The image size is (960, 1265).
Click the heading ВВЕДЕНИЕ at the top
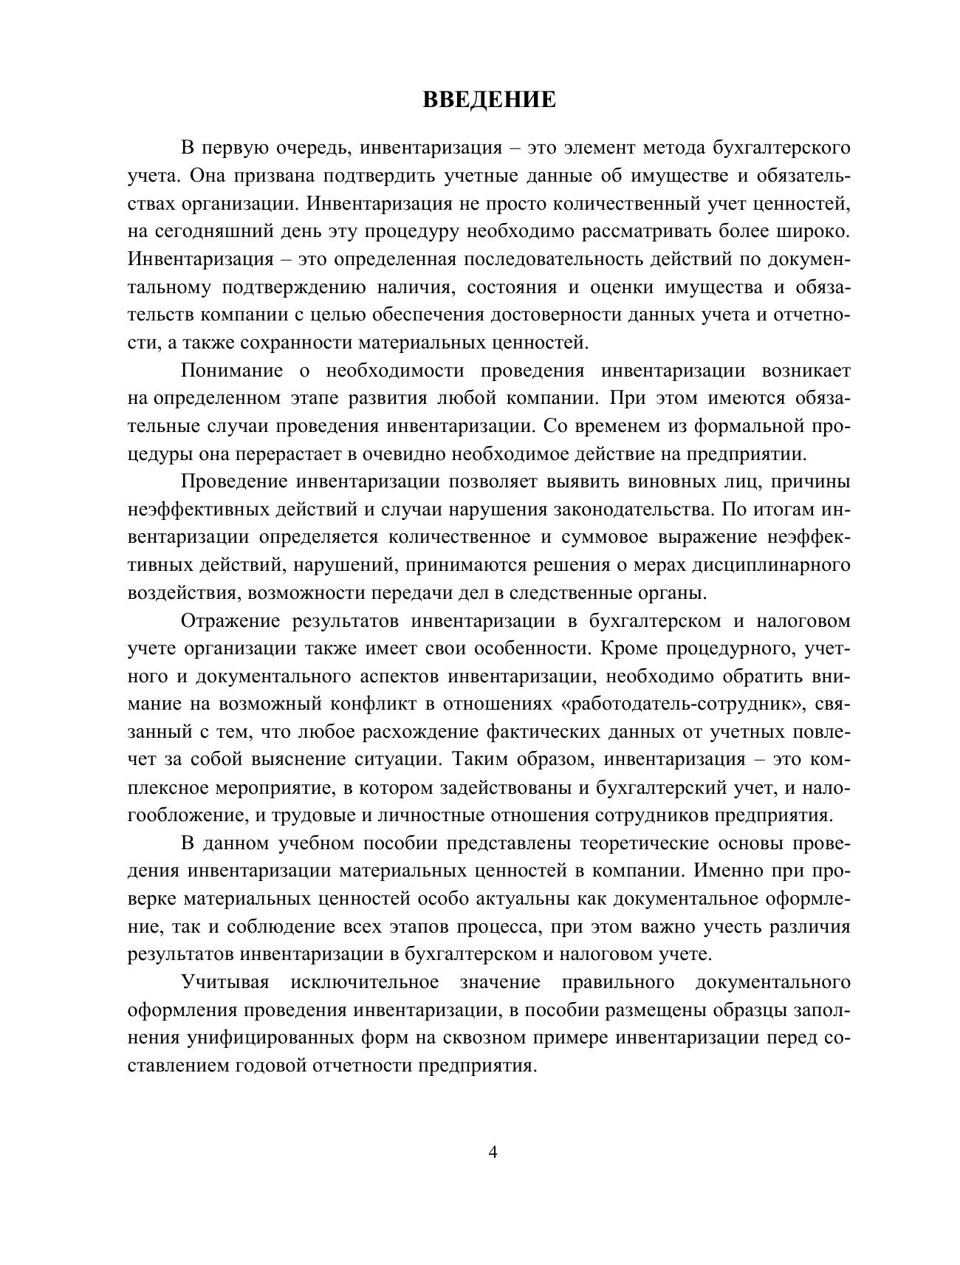coord(489,100)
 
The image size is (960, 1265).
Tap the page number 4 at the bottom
coord(493,1153)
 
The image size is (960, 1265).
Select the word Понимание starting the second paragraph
coord(233,371)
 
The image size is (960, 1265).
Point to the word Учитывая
coord(225,983)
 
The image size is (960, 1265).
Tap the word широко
coord(815,231)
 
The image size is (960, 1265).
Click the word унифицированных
coord(270,1038)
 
